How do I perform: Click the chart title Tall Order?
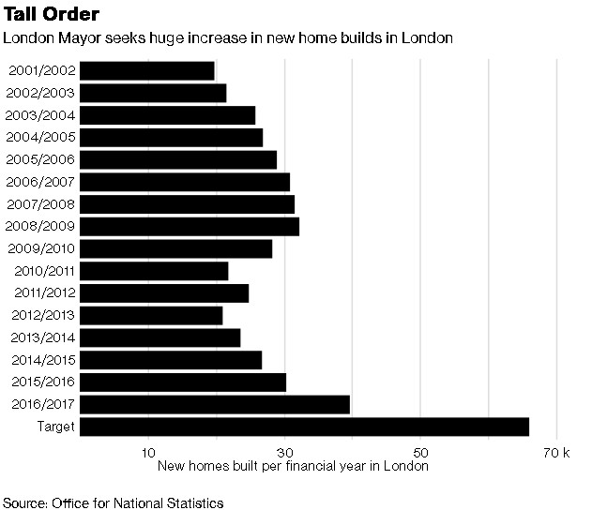tap(53, 16)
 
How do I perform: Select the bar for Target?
tap(304, 427)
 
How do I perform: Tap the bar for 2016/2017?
tap(215, 404)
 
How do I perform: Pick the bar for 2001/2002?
tap(147, 70)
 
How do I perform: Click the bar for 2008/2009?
tap(190, 226)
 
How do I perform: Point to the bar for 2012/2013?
tap(151, 315)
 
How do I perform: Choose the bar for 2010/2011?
tap(154, 271)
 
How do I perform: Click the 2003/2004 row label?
tap(40, 115)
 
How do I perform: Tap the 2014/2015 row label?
tap(40, 360)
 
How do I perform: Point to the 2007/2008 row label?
tap(40, 204)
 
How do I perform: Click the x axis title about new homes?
tap(293, 466)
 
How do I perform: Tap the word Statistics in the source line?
tap(191, 503)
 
